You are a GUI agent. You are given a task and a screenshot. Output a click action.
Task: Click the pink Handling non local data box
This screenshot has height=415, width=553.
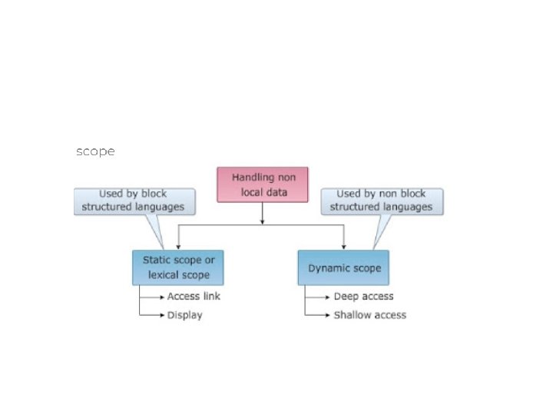pyautogui.click(x=262, y=184)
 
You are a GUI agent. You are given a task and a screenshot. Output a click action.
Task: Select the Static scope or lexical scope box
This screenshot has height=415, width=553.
pyautogui.click(x=177, y=267)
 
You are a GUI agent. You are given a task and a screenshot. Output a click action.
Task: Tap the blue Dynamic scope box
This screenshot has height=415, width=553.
pyautogui.click(x=343, y=268)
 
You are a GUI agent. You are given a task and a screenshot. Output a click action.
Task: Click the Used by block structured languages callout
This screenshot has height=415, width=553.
pyautogui.click(x=134, y=201)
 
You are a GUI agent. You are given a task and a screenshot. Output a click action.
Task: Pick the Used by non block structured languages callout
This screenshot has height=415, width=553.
pyautogui.click(x=381, y=201)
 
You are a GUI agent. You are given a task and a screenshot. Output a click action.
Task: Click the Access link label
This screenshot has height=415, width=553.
pyautogui.click(x=194, y=297)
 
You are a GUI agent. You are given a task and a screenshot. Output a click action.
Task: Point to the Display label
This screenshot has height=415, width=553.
pyautogui.click(x=184, y=315)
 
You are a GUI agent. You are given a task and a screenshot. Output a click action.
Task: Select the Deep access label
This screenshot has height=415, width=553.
pyautogui.click(x=363, y=297)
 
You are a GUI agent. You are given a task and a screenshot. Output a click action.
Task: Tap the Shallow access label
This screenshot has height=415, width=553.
pyautogui.click(x=369, y=315)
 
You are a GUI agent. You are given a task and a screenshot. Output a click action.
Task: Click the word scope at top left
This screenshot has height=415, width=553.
pyautogui.click(x=95, y=151)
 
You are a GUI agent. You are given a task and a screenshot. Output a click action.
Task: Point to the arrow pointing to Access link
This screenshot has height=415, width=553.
pyautogui.click(x=153, y=297)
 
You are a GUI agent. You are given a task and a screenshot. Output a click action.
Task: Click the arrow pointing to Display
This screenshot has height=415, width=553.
pyautogui.click(x=153, y=314)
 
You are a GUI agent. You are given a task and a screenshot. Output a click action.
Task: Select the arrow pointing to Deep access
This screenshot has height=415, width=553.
pyautogui.click(x=319, y=297)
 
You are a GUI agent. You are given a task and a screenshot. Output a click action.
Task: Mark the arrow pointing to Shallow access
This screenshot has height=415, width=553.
pyautogui.click(x=319, y=314)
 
